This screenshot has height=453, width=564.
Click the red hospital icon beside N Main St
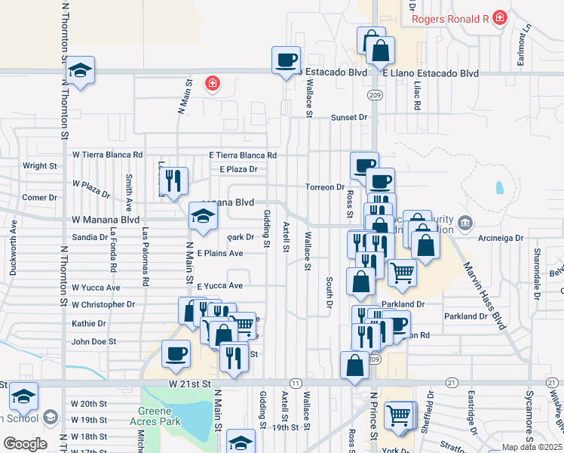[213, 83]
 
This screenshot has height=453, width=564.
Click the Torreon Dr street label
[325, 186]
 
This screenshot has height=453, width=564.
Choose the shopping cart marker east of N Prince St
[402, 273]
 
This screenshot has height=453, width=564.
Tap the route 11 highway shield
[295, 384]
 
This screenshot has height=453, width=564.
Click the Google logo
[25, 443]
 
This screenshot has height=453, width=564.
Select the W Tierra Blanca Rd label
[107, 154]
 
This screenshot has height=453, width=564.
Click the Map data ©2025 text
[533, 447]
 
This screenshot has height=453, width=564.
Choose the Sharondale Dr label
[538, 264]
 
